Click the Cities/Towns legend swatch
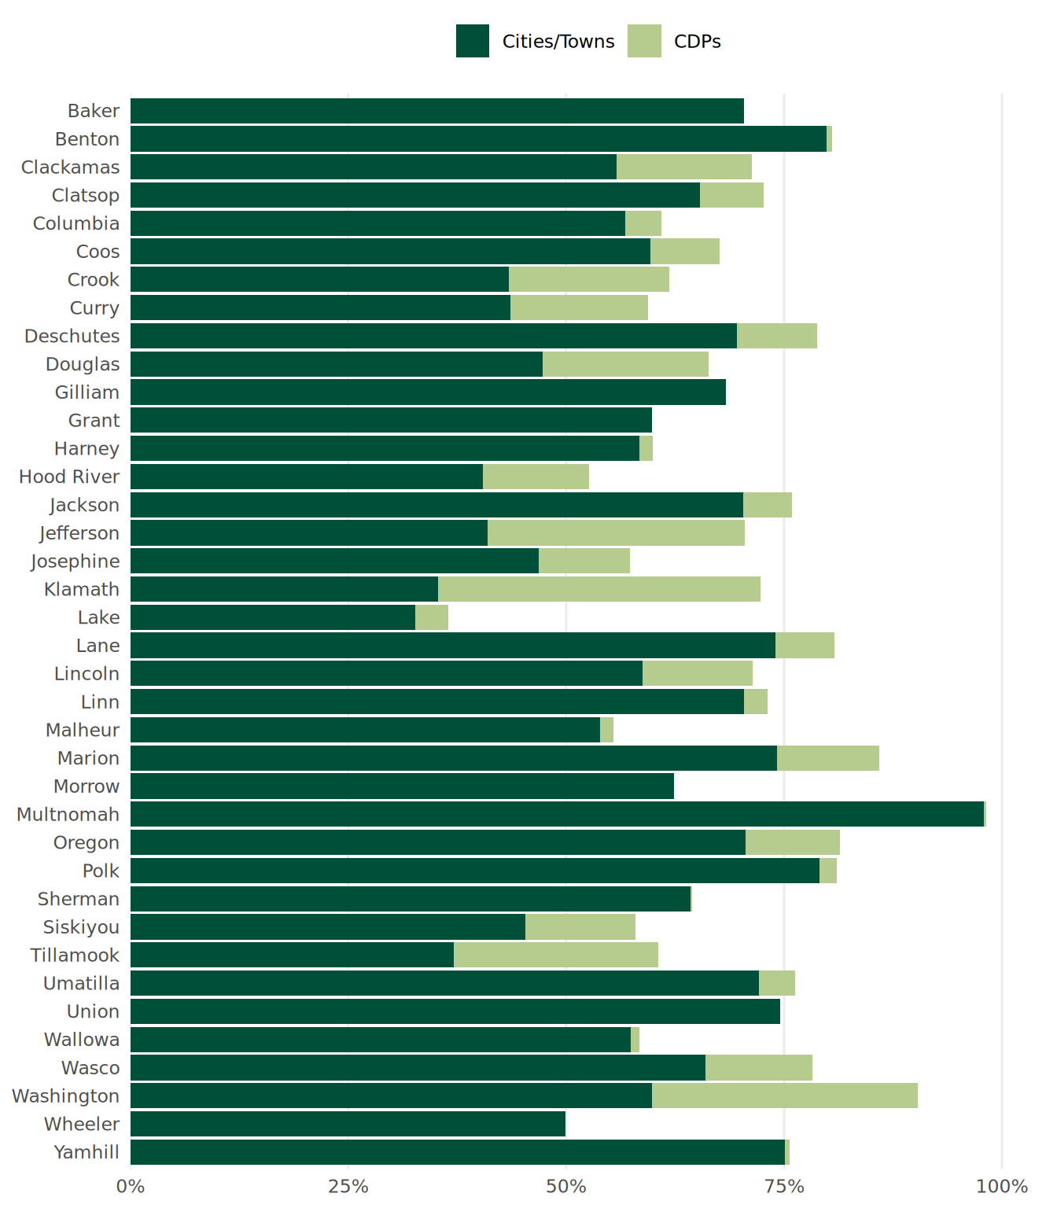[x=472, y=41]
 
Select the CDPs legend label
[x=697, y=42]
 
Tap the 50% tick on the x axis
[x=566, y=1186]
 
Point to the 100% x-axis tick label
[x=1001, y=1186]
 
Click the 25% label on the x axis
[x=348, y=1186]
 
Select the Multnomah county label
[x=68, y=814]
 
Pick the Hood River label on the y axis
[x=69, y=477]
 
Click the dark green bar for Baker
[x=436, y=111]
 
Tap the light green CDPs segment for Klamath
[x=598, y=589]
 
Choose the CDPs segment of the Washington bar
[x=784, y=1096]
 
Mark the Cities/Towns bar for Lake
[x=272, y=617]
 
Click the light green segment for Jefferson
[x=616, y=533]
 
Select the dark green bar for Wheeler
[x=348, y=1124]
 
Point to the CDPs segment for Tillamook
[x=555, y=955]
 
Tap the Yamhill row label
[x=87, y=1152]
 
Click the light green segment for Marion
[x=827, y=758]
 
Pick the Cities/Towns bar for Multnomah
[x=557, y=814]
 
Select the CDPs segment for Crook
[x=588, y=279]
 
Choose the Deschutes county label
[x=72, y=336]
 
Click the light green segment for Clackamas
[x=683, y=167]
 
